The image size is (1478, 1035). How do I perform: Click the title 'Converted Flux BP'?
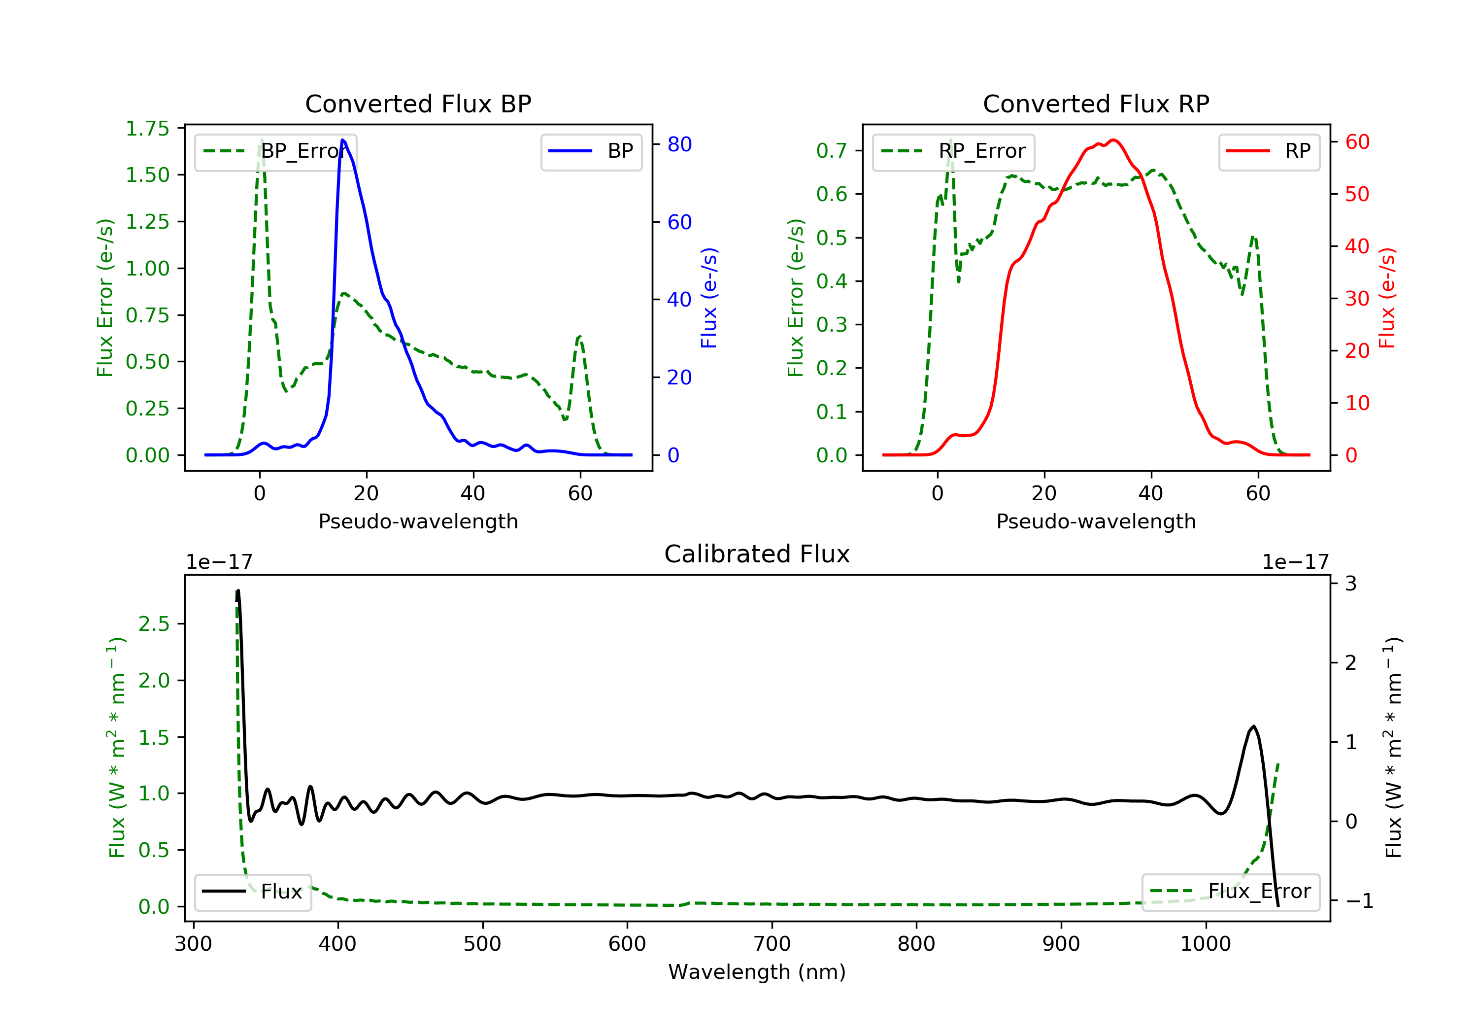pyautogui.click(x=418, y=103)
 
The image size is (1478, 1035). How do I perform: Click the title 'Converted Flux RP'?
pyautogui.click(x=1096, y=103)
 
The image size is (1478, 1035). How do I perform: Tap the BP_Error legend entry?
pyautogui.click(x=275, y=151)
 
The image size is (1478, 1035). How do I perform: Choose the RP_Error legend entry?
pyautogui.click(x=953, y=151)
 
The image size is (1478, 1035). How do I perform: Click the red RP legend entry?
pyautogui.click(x=1269, y=151)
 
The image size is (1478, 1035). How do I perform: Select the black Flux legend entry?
pyautogui.click(x=253, y=892)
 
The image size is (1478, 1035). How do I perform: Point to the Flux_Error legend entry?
pyautogui.click(x=1230, y=892)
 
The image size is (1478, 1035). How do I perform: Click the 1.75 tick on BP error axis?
pyautogui.click(x=147, y=129)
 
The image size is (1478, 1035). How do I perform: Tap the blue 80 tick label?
pyautogui.click(x=679, y=144)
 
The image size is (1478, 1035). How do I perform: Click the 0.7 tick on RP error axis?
pyautogui.click(x=832, y=151)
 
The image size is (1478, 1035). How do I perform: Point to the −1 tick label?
pyautogui.click(x=1359, y=900)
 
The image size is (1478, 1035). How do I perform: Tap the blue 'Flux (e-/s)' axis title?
pyautogui.click(x=709, y=298)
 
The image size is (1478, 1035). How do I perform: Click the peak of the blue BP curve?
pyautogui.click(x=342, y=140)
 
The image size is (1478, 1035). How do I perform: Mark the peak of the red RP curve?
pyautogui.click(x=1113, y=140)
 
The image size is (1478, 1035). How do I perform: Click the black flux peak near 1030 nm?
pyautogui.click(x=1253, y=726)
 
